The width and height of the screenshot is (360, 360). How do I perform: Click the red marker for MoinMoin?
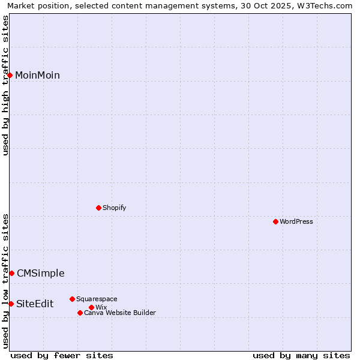point(10,75)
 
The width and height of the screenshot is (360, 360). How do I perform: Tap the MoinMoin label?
point(37,76)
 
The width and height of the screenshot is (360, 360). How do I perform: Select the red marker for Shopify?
point(98,208)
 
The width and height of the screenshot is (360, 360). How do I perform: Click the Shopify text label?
point(114,208)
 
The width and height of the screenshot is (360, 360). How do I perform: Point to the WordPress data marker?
point(275,221)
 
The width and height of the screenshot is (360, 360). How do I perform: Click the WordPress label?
point(296,221)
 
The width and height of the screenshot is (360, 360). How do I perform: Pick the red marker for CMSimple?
point(11,273)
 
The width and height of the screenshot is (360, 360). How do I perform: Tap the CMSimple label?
point(40,274)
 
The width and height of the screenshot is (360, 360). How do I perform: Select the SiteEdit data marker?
point(11,304)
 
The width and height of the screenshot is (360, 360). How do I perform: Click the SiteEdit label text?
point(35,304)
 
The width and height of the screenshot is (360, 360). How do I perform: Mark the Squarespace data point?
point(72,299)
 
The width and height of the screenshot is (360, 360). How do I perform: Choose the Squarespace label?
point(97,299)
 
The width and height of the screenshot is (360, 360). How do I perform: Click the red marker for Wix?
point(91,307)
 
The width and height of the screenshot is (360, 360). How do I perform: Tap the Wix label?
point(101,308)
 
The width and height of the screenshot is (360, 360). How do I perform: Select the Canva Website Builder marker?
point(80,313)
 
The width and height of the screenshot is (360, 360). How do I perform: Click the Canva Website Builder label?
point(120,313)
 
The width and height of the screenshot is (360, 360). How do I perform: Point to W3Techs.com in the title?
point(326,6)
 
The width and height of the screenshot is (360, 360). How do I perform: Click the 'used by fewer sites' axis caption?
point(62,355)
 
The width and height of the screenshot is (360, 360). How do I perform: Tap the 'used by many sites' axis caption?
point(301,355)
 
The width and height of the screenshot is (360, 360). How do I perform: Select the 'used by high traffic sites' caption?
point(6,85)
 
